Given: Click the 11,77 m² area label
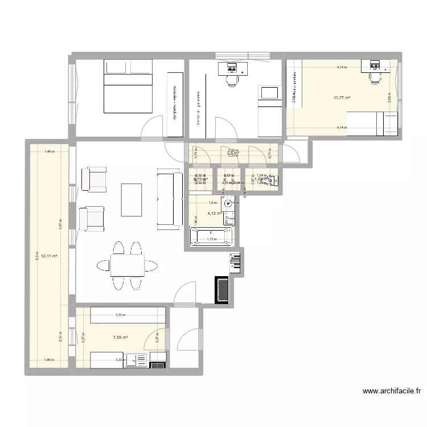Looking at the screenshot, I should click(x=342, y=97).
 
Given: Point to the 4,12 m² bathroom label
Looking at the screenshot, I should click(x=213, y=213).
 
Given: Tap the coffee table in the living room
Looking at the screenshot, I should click(x=132, y=199).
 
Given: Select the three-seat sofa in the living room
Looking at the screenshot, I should click(x=167, y=200).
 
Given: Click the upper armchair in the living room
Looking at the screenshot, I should click(x=95, y=179).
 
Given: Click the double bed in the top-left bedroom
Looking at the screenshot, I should click(x=127, y=86).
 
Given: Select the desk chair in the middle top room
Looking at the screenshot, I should click(x=232, y=81).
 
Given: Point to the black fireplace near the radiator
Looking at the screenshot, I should click(x=222, y=290).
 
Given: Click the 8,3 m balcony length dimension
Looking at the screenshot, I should click(x=38, y=256).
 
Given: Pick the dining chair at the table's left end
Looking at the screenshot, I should click(x=103, y=265).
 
